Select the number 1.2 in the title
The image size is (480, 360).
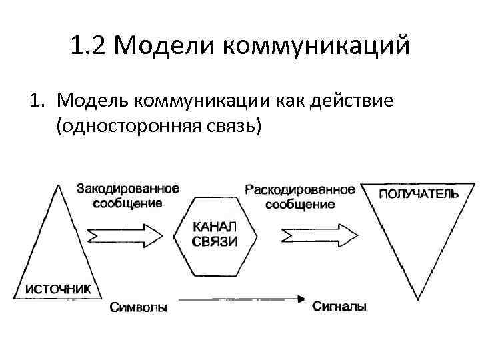point(91,47)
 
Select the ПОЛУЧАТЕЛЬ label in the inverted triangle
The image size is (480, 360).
point(419,194)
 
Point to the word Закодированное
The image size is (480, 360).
point(128,189)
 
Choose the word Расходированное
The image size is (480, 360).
point(300,189)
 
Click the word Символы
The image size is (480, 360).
point(139,307)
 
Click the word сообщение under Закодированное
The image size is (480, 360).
point(127,203)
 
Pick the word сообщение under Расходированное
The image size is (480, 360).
point(300,204)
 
